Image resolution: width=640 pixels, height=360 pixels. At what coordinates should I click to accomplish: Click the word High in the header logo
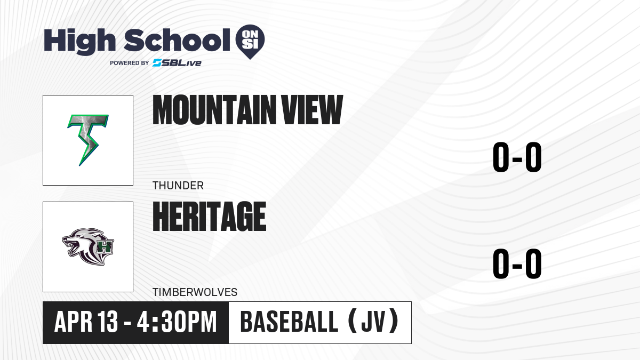point(79,42)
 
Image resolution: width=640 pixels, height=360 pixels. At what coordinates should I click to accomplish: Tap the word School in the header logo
point(177,40)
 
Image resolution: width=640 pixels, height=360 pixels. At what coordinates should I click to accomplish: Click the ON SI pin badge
point(250,42)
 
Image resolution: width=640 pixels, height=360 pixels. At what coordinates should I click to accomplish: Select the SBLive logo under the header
point(177,63)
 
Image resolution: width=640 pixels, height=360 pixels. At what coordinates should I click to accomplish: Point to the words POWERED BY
point(129,63)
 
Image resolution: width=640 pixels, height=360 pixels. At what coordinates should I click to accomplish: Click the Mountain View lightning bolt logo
point(88,140)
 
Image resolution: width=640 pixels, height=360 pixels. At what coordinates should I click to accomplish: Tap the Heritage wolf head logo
point(88,246)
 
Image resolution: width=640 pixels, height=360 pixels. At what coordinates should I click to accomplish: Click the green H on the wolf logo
point(105,246)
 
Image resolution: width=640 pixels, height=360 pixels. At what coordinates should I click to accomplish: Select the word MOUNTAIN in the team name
point(214,110)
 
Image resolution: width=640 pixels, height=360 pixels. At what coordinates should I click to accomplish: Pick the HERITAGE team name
point(210,217)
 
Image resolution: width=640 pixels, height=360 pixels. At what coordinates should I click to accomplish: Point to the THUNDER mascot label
point(178,186)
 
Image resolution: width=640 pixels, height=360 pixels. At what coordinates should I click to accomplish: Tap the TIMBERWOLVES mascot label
point(195,292)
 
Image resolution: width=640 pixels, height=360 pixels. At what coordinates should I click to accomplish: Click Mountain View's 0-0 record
point(517,157)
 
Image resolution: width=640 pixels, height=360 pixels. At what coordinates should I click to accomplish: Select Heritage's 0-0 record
point(517,263)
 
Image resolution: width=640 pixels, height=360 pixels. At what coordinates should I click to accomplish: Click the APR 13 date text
point(86,322)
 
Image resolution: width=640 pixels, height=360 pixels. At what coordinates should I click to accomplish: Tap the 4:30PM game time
point(177,322)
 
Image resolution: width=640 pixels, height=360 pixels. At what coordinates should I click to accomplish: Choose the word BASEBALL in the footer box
point(290,322)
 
